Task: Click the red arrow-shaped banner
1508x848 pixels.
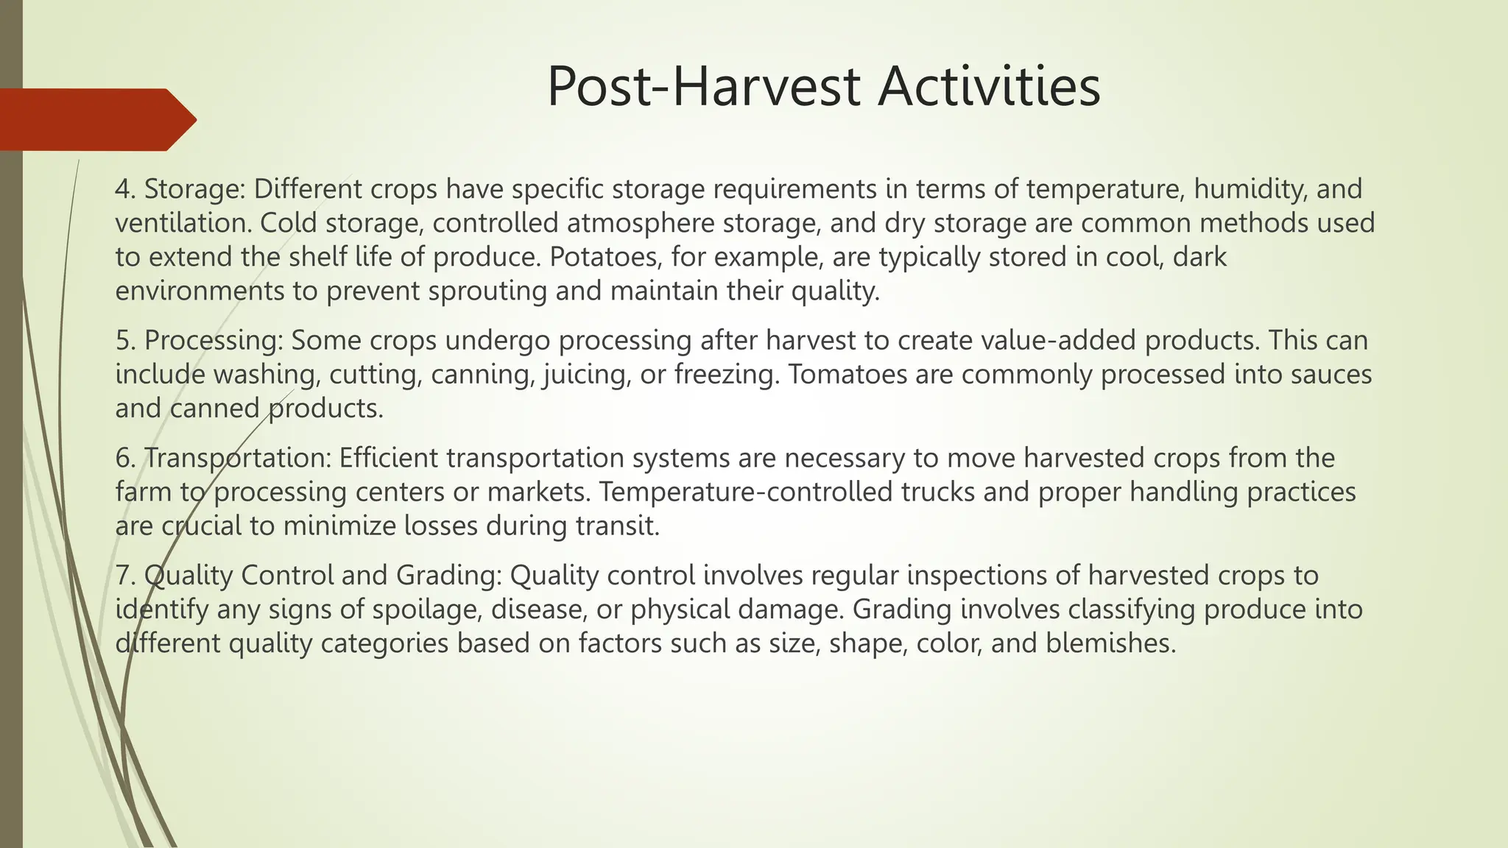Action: coord(96,119)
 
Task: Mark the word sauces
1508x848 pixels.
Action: coord(1329,375)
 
